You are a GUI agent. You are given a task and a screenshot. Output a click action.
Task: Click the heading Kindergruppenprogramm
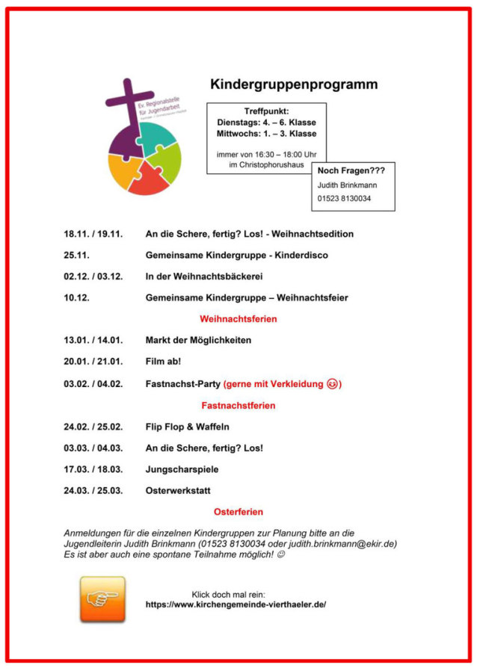click(x=293, y=84)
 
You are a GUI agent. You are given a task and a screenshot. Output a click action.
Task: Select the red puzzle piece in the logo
click(x=147, y=179)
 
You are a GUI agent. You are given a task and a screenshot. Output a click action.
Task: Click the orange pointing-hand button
click(x=102, y=599)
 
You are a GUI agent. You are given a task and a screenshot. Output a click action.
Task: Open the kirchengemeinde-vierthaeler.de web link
click(x=236, y=604)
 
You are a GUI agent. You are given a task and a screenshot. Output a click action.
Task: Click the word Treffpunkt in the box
click(x=266, y=111)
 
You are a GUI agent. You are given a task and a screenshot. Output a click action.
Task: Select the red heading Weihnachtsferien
click(x=238, y=319)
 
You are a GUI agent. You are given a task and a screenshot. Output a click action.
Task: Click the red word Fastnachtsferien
click(x=238, y=405)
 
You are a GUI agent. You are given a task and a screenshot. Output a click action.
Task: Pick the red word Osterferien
click(x=238, y=512)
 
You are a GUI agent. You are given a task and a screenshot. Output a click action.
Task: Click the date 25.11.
click(x=77, y=255)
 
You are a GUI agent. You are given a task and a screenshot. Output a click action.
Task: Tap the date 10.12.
click(x=77, y=297)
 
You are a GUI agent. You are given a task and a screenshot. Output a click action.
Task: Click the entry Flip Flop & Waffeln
click(x=187, y=427)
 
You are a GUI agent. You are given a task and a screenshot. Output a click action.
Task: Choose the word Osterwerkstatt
click(x=178, y=490)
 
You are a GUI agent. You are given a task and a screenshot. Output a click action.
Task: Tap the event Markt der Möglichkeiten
click(x=198, y=340)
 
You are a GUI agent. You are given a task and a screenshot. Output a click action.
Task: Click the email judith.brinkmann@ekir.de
click(x=341, y=543)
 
